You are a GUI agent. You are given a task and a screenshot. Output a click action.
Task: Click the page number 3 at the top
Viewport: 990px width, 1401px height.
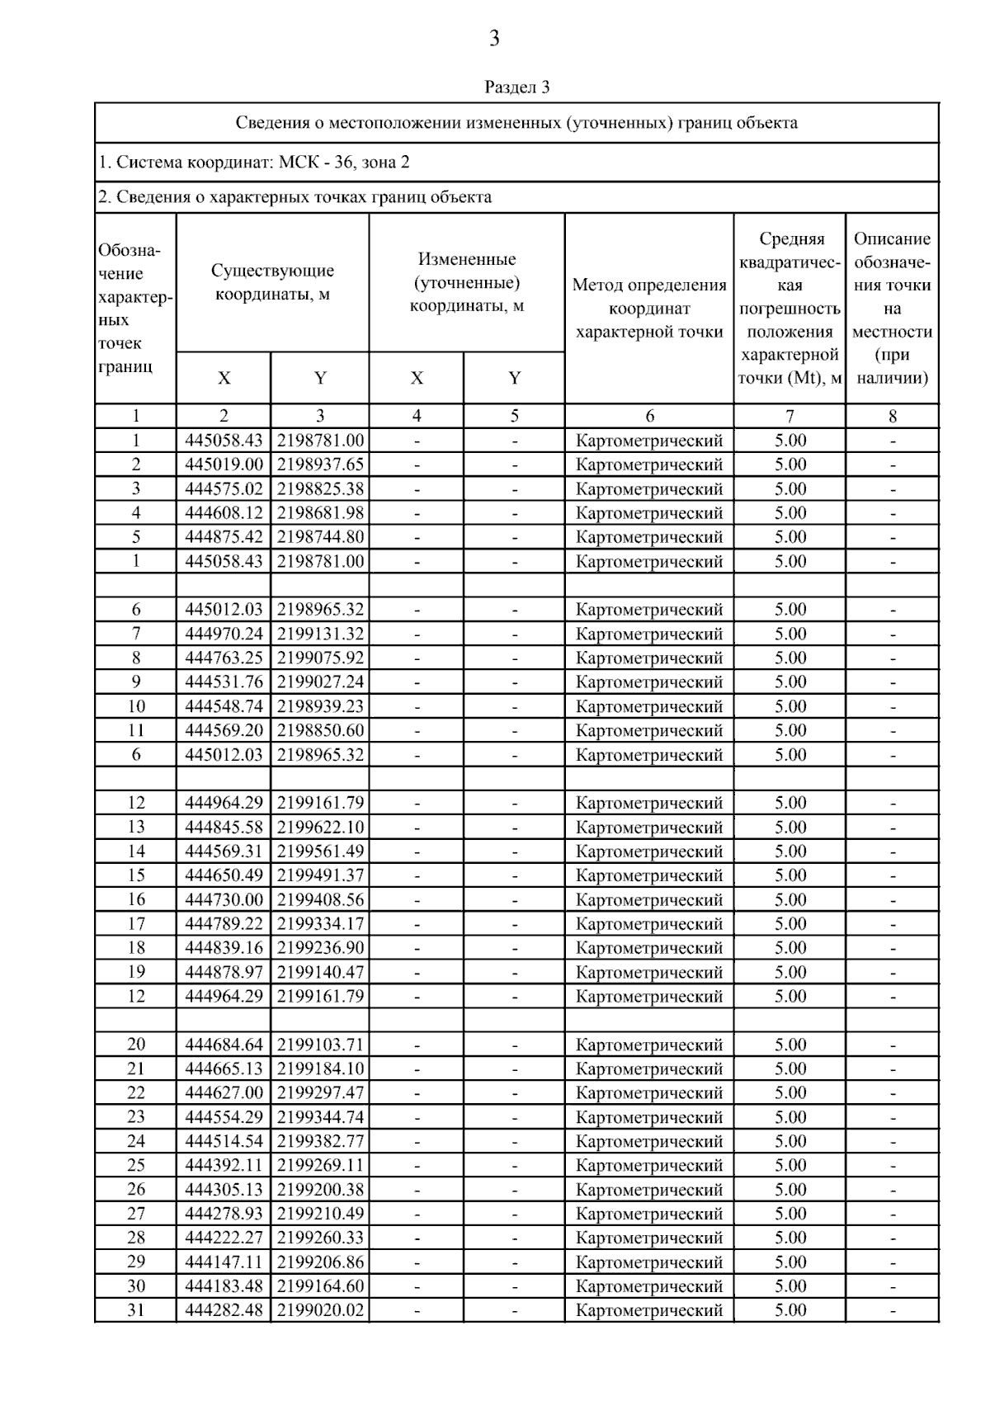(494, 39)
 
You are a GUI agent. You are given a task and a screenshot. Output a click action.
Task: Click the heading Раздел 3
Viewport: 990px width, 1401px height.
(516, 87)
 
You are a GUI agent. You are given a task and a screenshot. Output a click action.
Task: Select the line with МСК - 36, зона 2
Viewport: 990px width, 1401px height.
(254, 163)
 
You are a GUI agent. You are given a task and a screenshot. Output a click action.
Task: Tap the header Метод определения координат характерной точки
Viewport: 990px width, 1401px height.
(649, 309)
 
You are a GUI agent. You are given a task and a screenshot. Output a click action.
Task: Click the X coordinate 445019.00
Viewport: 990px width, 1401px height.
(224, 465)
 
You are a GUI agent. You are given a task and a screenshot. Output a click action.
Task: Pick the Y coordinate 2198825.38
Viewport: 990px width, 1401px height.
(320, 488)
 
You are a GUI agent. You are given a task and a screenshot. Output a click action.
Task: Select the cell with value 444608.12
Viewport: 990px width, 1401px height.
(224, 513)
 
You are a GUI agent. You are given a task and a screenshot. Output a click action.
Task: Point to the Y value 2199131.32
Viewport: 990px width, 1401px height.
(320, 634)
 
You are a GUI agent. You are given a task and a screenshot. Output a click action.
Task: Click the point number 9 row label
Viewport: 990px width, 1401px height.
(136, 682)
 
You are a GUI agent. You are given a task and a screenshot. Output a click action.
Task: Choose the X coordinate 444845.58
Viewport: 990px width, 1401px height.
(224, 827)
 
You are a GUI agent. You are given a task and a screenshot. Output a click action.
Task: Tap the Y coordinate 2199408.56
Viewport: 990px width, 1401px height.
(320, 899)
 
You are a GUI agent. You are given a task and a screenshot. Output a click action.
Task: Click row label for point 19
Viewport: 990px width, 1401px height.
(136, 972)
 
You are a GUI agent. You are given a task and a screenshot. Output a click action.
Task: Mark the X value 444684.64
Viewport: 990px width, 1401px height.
(224, 1045)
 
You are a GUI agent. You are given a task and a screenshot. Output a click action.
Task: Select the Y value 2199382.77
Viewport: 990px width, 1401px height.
(320, 1141)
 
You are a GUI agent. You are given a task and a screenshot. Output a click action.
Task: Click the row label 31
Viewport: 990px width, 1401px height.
(136, 1310)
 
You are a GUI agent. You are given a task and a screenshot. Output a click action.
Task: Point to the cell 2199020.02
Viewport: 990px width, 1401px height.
(320, 1310)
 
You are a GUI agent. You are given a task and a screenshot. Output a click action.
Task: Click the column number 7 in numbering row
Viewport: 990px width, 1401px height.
(790, 417)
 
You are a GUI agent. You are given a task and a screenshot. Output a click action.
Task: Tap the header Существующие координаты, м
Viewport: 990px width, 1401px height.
(272, 282)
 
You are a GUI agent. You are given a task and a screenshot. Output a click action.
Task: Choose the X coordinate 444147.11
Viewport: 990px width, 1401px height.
(224, 1262)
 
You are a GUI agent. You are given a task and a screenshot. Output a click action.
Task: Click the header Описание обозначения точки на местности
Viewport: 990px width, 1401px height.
(892, 309)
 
